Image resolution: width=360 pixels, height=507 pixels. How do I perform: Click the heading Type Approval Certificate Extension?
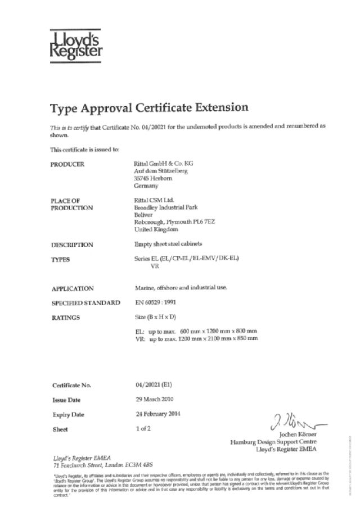click(x=148, y=107)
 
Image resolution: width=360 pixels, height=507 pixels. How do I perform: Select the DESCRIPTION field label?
click(x=72, y=245)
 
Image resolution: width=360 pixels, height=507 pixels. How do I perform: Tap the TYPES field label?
click(x=62, y=259)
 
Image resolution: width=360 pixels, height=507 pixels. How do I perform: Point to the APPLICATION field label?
click(x=73, y=289)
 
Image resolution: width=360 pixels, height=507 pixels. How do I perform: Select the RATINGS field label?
click(x=66, y=318)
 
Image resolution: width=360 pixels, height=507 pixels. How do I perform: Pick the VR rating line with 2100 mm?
click(x=196, y=339)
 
